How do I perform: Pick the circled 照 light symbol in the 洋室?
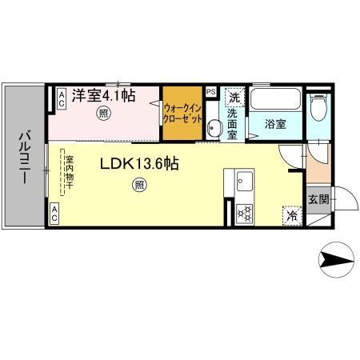[x=104, y=114]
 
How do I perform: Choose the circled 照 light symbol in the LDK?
[x=139, y=186]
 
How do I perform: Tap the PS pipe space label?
[x=210, y=92]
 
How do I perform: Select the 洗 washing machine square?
[x=234, y=97]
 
